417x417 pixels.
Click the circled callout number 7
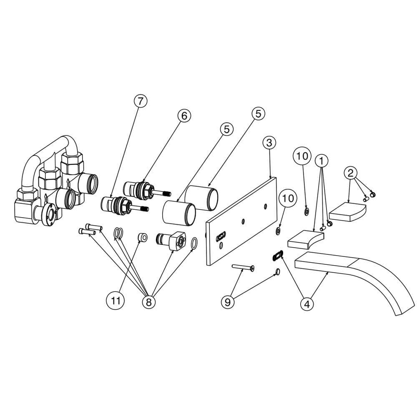[x=141, y=101]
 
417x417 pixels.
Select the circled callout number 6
[x=184, y=115]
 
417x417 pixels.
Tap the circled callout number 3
[x=269, y=143]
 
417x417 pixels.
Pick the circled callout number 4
[x=307, y=304]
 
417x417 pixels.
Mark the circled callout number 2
[x=351, y=173]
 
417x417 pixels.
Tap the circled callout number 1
[x=322, y=160]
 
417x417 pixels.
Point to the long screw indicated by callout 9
[x=244, y=268]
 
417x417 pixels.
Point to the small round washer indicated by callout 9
[x=277, y=272]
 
